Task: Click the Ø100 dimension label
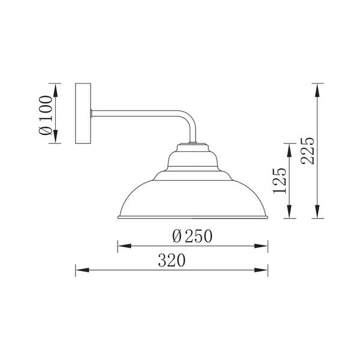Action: (46, 115)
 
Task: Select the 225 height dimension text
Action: (307, 151)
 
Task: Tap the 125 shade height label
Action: (280, 181)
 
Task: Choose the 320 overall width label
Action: (172, 260)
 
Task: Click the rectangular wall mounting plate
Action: (83, 113)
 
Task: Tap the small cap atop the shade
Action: (193, 148)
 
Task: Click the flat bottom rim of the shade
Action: (193, 217)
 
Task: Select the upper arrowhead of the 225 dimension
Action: (317, 91)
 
